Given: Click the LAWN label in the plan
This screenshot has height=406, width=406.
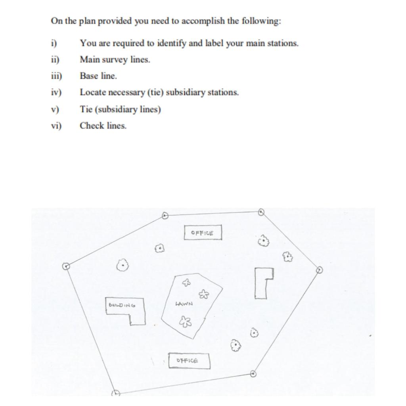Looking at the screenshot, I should coord(184,304).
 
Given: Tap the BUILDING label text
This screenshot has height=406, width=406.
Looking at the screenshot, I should coord(122,305).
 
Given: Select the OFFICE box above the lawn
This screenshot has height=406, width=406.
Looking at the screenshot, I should coord(203,233).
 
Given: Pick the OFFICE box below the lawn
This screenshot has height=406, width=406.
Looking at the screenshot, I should coord(189,361).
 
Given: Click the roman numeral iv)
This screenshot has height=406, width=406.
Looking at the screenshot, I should coord(56,92).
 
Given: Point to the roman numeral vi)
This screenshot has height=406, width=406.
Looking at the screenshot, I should coord(56,126).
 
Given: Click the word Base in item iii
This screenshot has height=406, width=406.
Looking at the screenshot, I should coord(88,76).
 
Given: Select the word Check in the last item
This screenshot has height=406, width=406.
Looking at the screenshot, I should coord(91,126).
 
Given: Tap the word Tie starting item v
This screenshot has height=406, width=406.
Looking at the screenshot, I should coord(86,109).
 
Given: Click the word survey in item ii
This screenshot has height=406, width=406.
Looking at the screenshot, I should coord(115,59).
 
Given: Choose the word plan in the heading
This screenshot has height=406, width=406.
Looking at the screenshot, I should coord(86,21).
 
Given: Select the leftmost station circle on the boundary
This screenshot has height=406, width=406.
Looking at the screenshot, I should coord(67,266).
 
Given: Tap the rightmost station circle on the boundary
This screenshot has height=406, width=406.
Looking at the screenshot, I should coord(320,270).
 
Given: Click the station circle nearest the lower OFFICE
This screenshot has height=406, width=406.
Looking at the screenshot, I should coord(253,373).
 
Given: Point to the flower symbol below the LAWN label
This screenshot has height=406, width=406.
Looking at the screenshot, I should coord(184,320).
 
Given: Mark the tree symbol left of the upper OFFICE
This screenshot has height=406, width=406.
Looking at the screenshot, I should coord(159,249).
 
